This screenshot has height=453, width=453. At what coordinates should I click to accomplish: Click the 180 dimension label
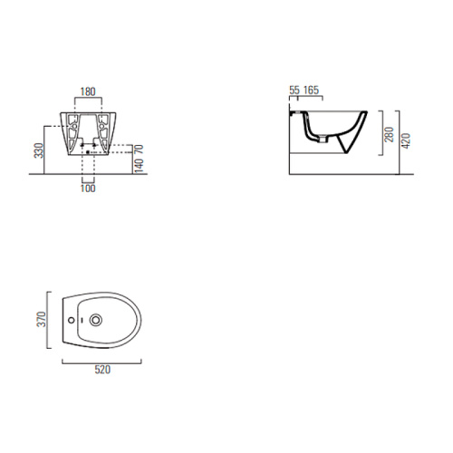(88, 92)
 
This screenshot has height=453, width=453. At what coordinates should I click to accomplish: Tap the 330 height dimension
(39, 150)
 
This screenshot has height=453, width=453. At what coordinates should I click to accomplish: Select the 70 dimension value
(139, 149)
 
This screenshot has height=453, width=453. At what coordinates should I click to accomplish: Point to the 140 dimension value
(139, 166)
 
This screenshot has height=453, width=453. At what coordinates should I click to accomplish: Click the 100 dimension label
(88, 188)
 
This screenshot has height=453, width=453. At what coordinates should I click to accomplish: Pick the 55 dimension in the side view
(294, 90)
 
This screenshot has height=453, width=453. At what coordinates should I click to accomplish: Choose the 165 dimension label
(311, 90)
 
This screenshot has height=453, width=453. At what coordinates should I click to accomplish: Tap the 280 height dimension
(389, 134)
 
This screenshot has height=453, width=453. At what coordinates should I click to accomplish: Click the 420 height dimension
(406, 140)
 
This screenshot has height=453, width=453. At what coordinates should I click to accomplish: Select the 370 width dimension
(41, 319)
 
